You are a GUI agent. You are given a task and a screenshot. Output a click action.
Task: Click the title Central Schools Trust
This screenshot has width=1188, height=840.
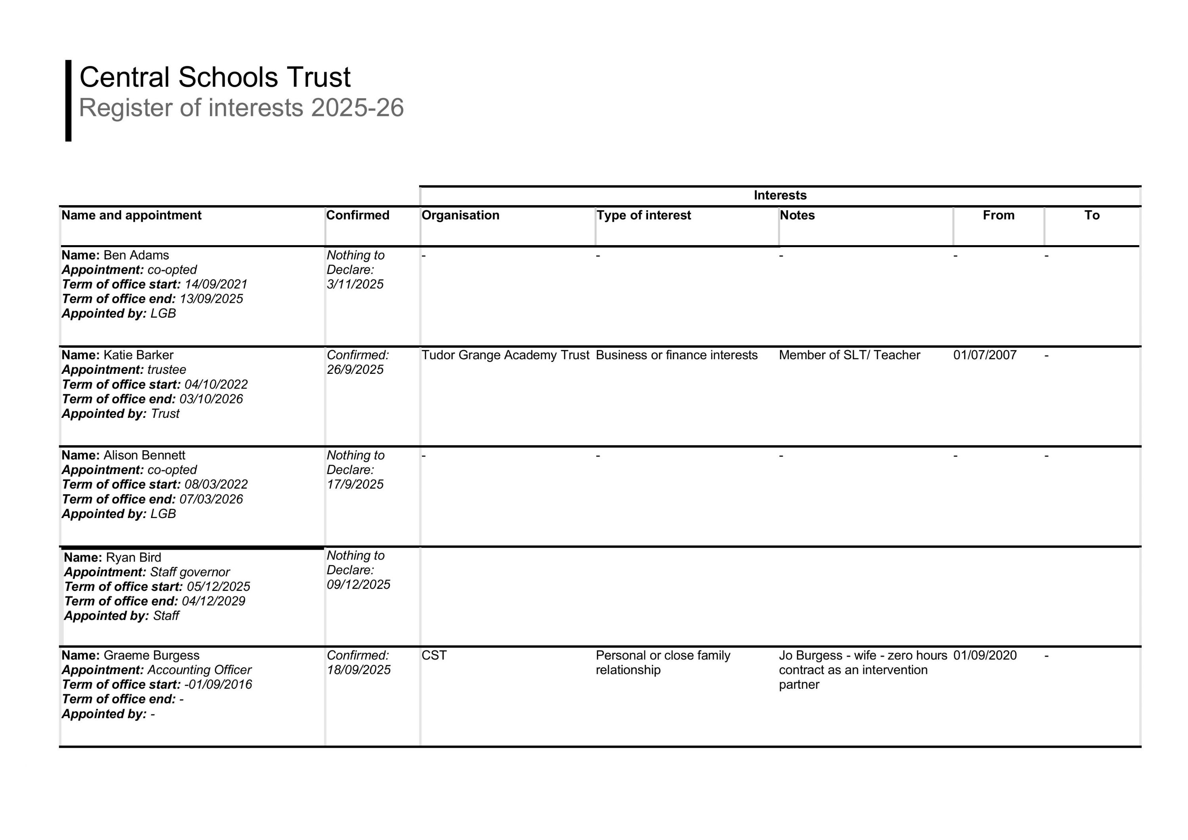pos(215,78)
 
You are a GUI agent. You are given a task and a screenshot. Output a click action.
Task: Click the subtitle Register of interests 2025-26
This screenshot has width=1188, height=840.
pos(241,108)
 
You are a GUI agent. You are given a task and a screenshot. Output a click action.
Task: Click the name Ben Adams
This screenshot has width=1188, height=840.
pos(136,255)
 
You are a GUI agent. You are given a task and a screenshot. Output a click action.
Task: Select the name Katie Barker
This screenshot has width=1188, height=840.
pos(138,355)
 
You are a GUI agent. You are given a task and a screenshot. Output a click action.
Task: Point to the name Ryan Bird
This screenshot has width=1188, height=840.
pos(133,558)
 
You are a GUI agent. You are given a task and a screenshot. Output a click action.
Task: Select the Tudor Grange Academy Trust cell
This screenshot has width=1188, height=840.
pos(505,355)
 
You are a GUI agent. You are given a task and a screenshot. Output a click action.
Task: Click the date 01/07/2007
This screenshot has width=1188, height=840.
pos(985,355)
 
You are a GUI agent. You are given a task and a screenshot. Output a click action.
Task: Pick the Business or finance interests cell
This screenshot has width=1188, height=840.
pos(676,355)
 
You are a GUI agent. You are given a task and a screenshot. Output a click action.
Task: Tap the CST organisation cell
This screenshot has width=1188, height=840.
pos(434,655)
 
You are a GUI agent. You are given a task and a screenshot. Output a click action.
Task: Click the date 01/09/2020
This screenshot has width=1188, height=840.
pos(985,655)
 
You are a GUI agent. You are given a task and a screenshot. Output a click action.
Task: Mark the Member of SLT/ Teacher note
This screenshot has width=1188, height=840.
pos(849,355)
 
